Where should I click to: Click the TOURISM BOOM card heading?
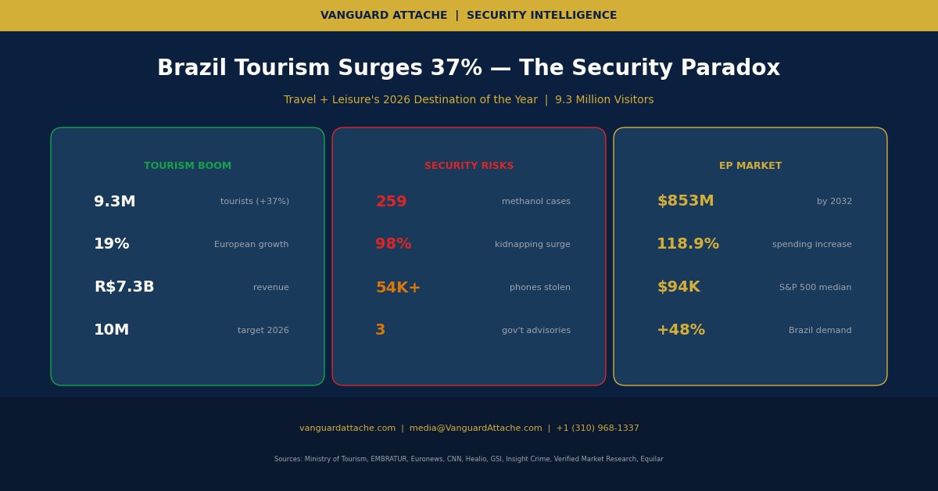[188, 166]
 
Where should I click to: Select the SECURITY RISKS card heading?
[469, 166]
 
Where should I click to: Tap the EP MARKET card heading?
[750, 166]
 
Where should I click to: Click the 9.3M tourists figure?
[115, 202]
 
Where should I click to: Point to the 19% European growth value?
[112, 245]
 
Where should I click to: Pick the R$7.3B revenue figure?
[124, 288]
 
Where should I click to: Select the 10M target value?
[112, 331]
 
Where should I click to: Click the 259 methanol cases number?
[391, 202]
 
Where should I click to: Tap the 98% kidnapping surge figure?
[393, 245]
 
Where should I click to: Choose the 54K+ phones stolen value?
[398, 288]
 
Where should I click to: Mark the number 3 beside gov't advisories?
[381, 331]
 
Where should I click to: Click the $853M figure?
[686, 202]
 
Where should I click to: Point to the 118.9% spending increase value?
[688, 245]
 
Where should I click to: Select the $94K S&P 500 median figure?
[678, 288]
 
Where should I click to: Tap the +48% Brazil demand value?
[681, 331]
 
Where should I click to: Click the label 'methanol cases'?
[536, 202]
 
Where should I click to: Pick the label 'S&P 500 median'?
[815, 288]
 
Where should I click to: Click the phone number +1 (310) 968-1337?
[597, 428]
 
